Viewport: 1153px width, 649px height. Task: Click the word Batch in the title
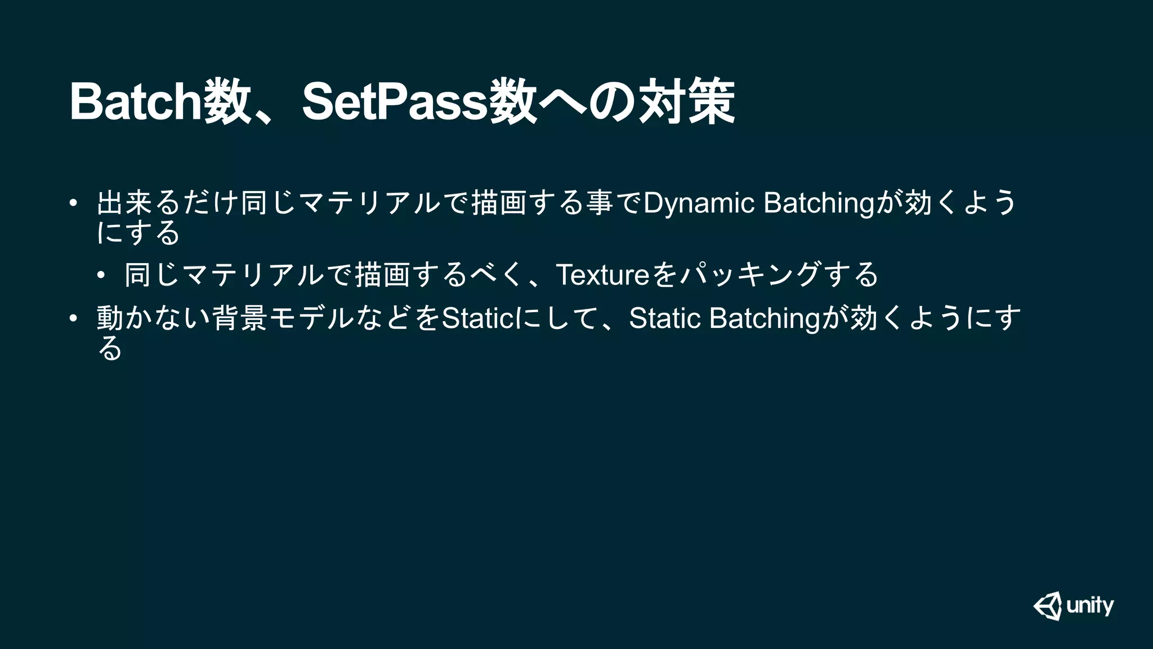click(x=136, y=101)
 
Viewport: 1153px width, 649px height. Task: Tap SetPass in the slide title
click(x=394, y=101)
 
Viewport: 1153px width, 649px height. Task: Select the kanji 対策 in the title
click(x=686, y=101)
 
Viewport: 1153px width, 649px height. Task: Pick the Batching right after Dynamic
click(x=819, y=203)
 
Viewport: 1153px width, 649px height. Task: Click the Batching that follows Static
click(x=765, y=318)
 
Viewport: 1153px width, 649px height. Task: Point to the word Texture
click(x=603, y=275)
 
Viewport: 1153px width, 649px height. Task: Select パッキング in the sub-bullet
click(x=749, y=275)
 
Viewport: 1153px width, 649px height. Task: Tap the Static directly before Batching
click(x=665, y=318)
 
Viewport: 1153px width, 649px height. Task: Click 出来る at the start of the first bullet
click(x=138, y=203)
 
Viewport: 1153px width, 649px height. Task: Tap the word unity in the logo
click(x=1090, y=606)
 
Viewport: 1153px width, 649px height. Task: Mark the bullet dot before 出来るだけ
click(x=73, y=203)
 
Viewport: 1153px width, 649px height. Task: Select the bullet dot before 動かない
click(x=73, y=318)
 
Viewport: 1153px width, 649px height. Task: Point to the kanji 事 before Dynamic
click(x=599, y=203)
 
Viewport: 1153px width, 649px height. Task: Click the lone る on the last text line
click(x=110, y=349)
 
